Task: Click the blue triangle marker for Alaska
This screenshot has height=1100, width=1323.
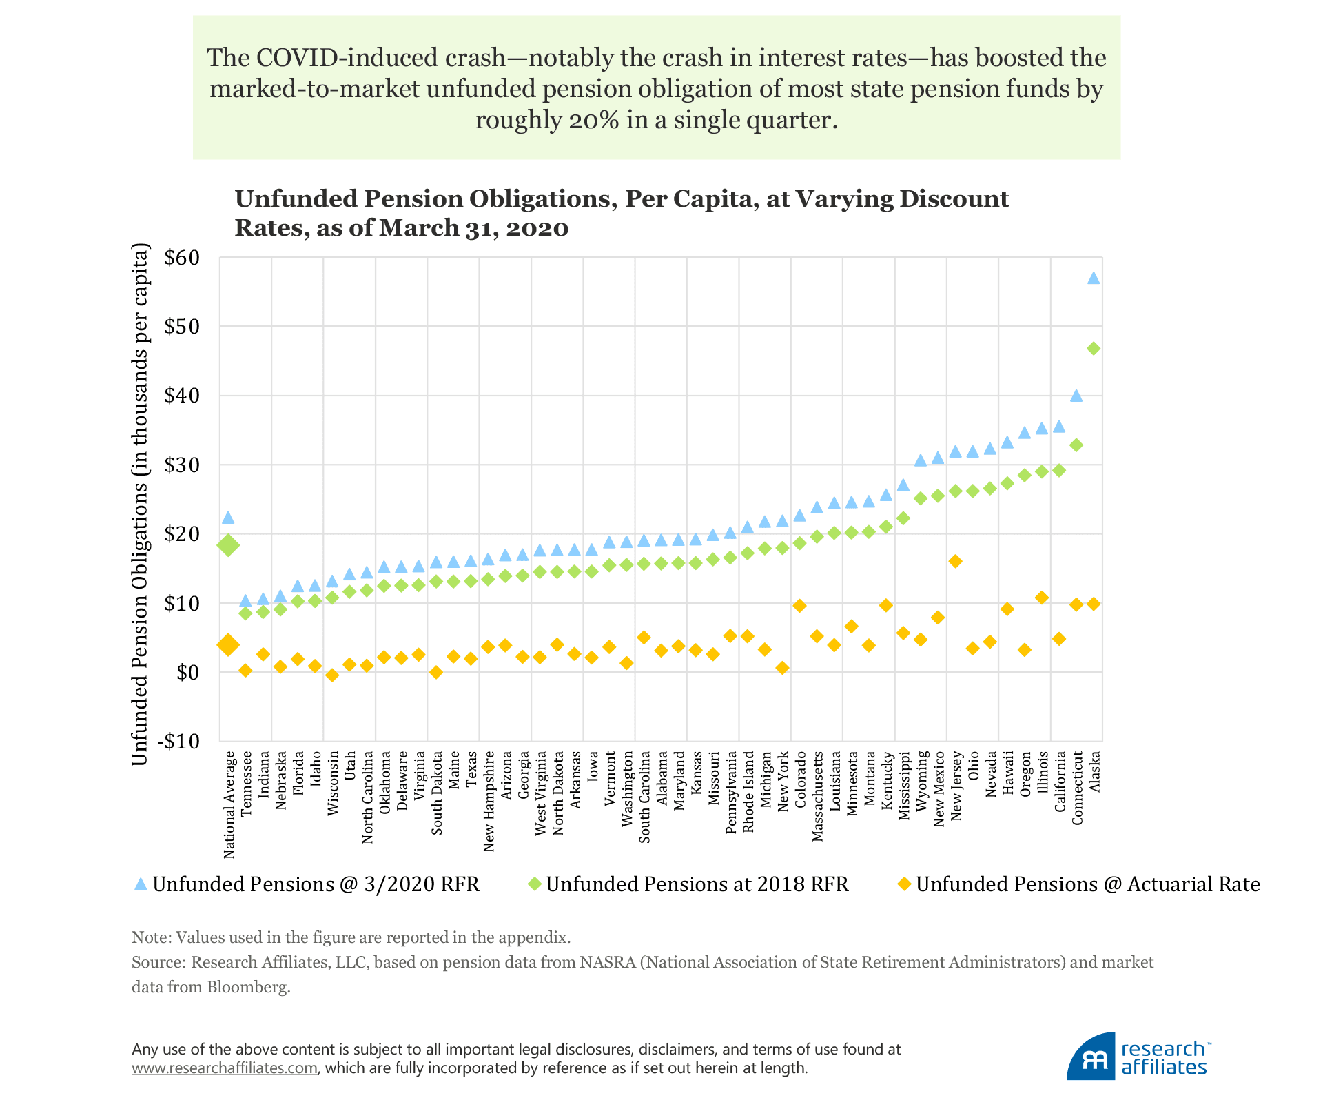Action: click(1094, 278)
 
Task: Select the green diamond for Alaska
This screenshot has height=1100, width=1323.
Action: click(1094, 349)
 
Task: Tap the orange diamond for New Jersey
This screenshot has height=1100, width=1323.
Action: click(955, 561)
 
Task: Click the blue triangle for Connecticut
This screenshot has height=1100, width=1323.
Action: click(1076, 396)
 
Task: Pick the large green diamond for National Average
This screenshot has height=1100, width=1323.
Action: click(228, 545)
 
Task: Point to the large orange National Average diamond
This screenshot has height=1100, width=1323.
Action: click(228, 645)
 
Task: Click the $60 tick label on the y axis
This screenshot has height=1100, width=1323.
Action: click(182, 258)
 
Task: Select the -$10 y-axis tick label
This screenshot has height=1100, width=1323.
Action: click(178, 742)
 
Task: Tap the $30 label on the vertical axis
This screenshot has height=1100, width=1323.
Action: click(182, 465)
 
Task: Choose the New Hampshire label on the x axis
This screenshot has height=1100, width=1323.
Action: click(489, 801)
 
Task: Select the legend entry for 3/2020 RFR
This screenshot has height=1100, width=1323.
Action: click(307, 884)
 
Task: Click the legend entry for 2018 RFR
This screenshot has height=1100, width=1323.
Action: click(688, 884)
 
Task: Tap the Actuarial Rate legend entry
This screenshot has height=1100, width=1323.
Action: click(1079, 884)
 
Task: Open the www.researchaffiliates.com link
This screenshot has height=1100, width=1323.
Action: click(225, 1068)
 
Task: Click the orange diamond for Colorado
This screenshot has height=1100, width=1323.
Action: click(799, 606)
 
